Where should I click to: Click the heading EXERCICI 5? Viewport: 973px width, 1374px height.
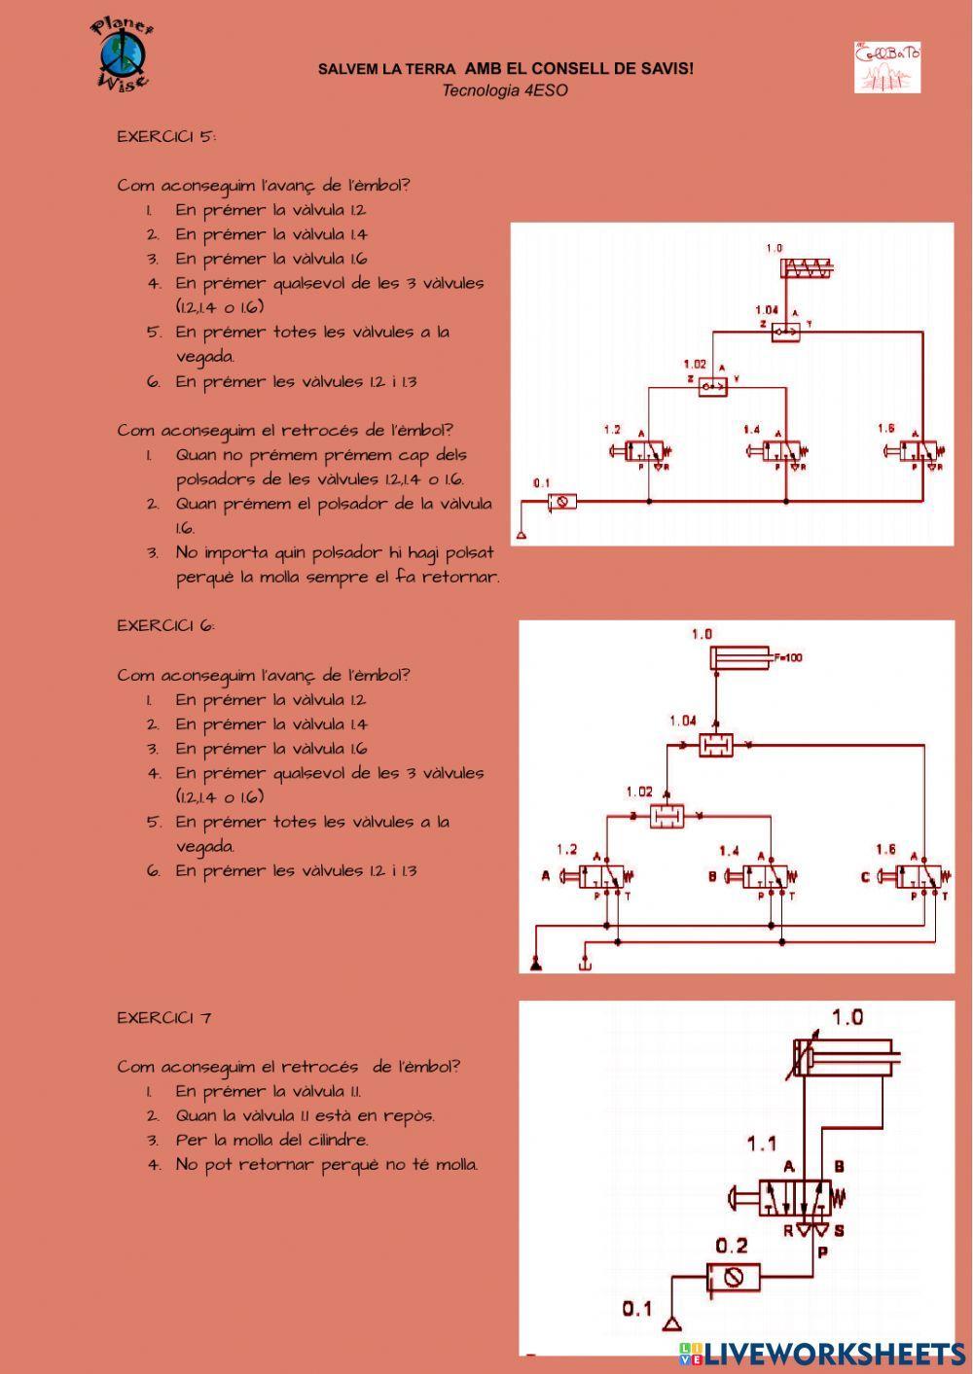[x=166, y=136]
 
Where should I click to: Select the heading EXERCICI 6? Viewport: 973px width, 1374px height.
[x=166, y=625]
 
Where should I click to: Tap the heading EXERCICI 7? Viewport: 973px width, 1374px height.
[x=164, y=1018]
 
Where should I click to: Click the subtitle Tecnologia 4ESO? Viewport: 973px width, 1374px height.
[x=505, y=90]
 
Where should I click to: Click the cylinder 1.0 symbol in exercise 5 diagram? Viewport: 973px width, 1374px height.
[x=810, y=269]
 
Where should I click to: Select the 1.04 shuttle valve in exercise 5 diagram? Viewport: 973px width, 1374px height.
[x=785, y=333]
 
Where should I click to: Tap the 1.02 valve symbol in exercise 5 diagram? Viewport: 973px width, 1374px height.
[x=713, y=388]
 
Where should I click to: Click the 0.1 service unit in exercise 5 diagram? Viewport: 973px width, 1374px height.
[x=561, y=502]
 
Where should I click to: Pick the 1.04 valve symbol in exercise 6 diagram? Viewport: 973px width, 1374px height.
[x=715, y=746]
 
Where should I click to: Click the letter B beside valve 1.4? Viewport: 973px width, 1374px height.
[x=712, y=877]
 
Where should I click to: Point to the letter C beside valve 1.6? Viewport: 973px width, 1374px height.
[x=865, y=877]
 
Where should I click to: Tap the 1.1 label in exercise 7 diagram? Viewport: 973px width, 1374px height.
[x=762, y=1144]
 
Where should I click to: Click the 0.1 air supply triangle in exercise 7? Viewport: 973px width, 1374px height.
[x=670, y=1323]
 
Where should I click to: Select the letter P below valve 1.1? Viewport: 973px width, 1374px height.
[x=822, y=1252]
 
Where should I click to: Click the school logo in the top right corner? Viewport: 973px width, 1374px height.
[x=887, y=67]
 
